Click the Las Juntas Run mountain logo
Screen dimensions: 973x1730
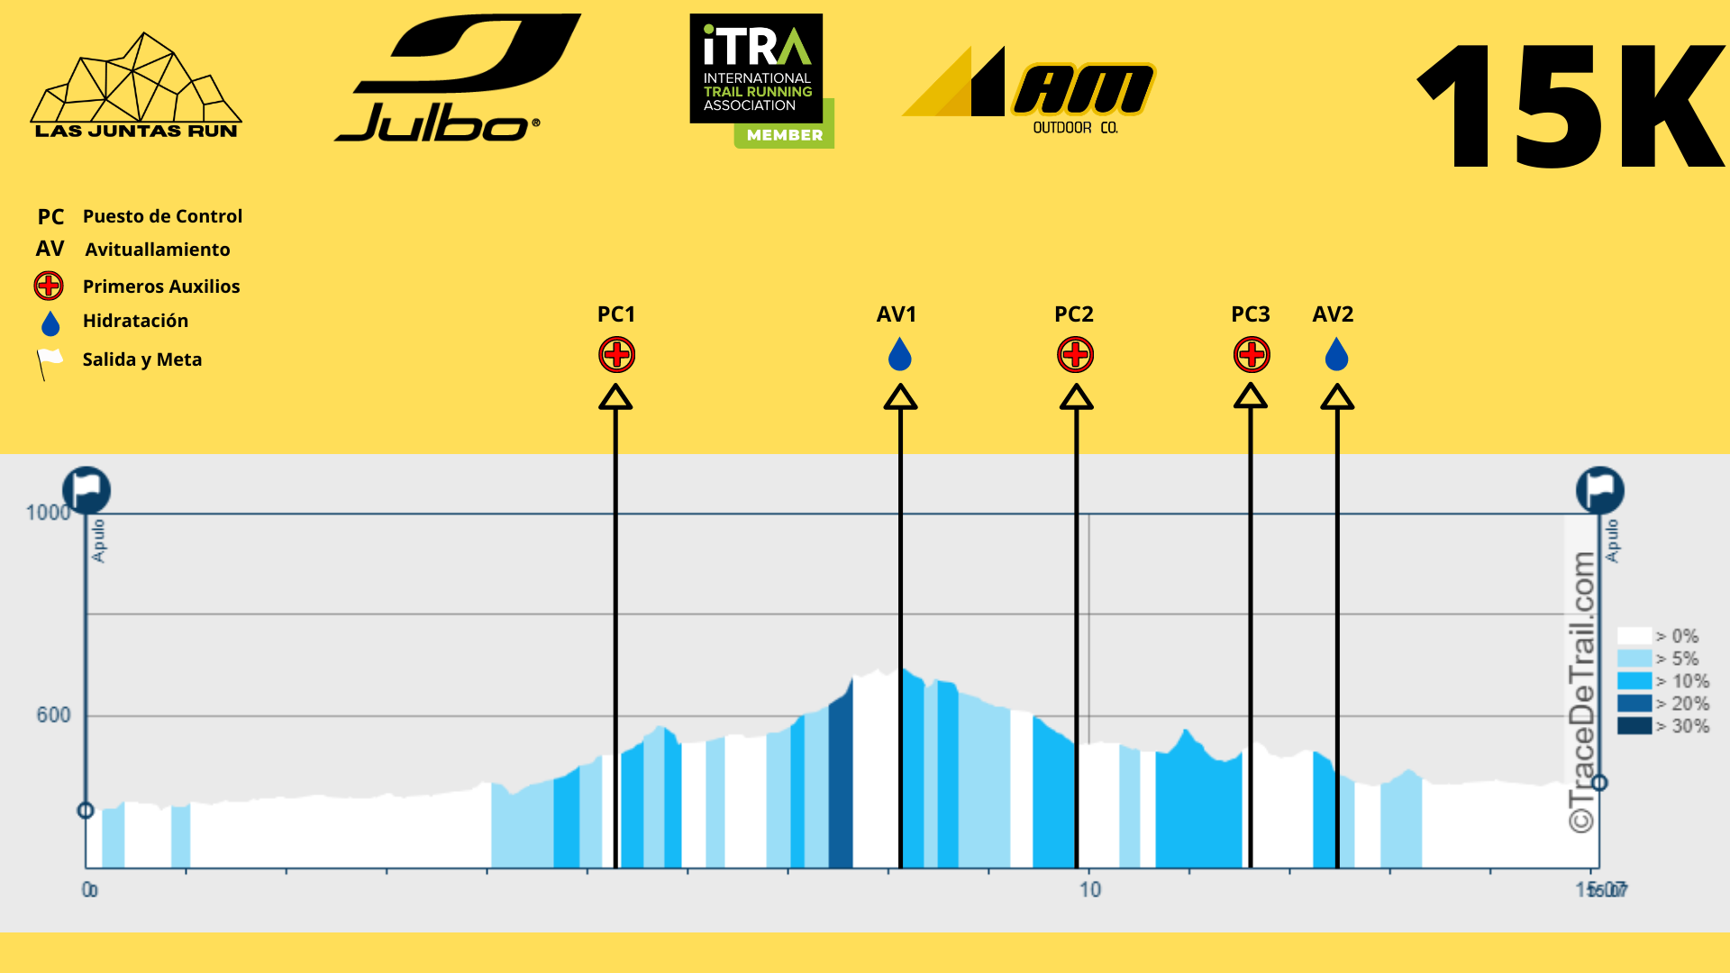136,86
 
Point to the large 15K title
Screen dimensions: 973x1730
1571,106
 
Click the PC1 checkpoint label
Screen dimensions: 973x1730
616,314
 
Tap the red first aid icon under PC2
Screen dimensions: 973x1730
1075,355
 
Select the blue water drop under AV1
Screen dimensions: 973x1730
899,355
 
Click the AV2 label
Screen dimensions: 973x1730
1333,314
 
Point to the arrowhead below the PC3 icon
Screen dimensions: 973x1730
1251,396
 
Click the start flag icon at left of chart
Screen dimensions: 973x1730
86,490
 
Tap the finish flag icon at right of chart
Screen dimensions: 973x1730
1599,490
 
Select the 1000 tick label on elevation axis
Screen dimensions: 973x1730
48,513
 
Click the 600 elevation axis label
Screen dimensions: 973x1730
53,715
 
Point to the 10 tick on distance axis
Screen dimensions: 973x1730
1090,890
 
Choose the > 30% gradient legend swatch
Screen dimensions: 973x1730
1634,726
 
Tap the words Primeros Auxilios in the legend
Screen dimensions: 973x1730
161,286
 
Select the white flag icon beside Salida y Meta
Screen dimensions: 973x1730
49,362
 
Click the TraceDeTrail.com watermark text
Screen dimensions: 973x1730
1582,692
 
